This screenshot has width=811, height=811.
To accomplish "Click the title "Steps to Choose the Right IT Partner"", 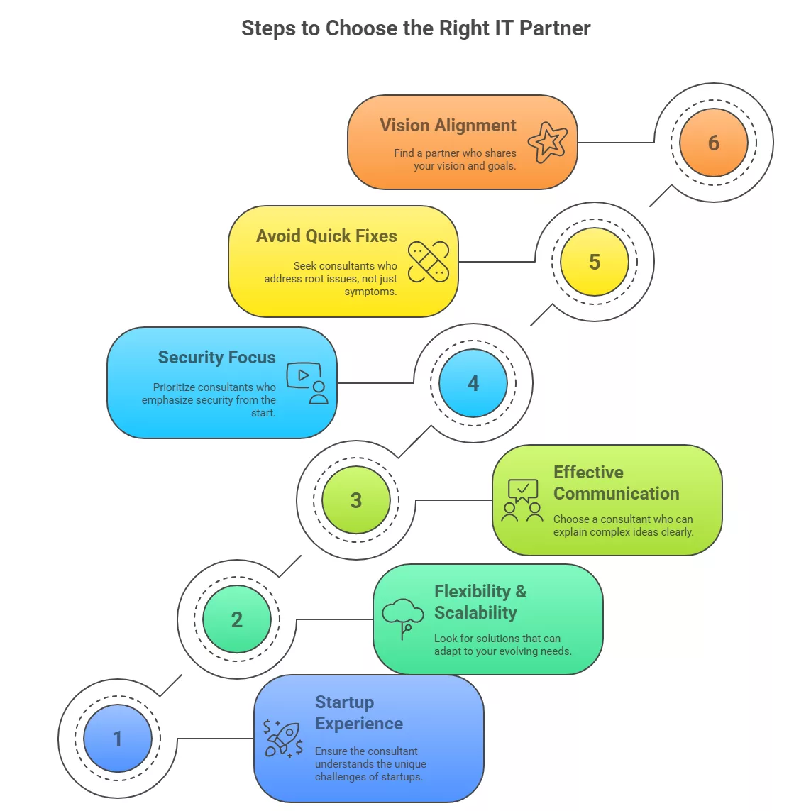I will pyautogui.click(x=416, y=28).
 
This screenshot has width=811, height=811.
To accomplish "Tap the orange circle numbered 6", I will pyautogui.click(x=713, y=143).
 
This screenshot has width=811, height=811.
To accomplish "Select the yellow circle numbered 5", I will pyautogui.click(x=594, y=262).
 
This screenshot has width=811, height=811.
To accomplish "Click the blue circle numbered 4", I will pyautogui.click(x=473, y=383).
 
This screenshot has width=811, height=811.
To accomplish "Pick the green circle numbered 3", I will pyautogui.click(x=355, y=500).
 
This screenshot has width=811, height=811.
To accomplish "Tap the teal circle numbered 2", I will pyautogui.click(x=236, y=619).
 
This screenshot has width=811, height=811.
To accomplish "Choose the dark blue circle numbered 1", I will pyautogui.click(x=117, y=739).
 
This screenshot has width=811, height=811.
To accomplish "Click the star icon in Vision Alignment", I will pyautogui.click(x=548, y=142).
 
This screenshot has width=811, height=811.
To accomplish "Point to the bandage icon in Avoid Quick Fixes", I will pyautogui.click(x=429, y=262).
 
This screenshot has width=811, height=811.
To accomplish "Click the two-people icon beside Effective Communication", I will pyautogui.click(x=522, y=501).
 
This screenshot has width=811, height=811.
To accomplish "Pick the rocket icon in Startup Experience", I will pyautogui.click(x=283, y=739).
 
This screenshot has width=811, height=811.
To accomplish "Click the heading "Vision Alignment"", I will pyautogui.click(x=448, y=126).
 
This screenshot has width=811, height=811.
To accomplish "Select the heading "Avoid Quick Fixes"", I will pyautogui.click(x=326, y=236).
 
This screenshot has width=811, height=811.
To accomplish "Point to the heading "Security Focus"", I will pyautogui.click(x=216, y=358).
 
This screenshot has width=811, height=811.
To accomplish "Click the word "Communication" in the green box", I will pyautogui.click(x=616, y=494).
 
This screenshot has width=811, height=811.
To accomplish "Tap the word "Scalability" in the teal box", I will pyautogui.click(x=475, y=613).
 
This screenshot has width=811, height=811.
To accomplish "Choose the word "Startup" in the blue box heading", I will pyautogui.click(x=344, y=702).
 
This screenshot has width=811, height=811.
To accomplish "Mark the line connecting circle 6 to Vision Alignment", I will pyautogui.click(x=616, y=143).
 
